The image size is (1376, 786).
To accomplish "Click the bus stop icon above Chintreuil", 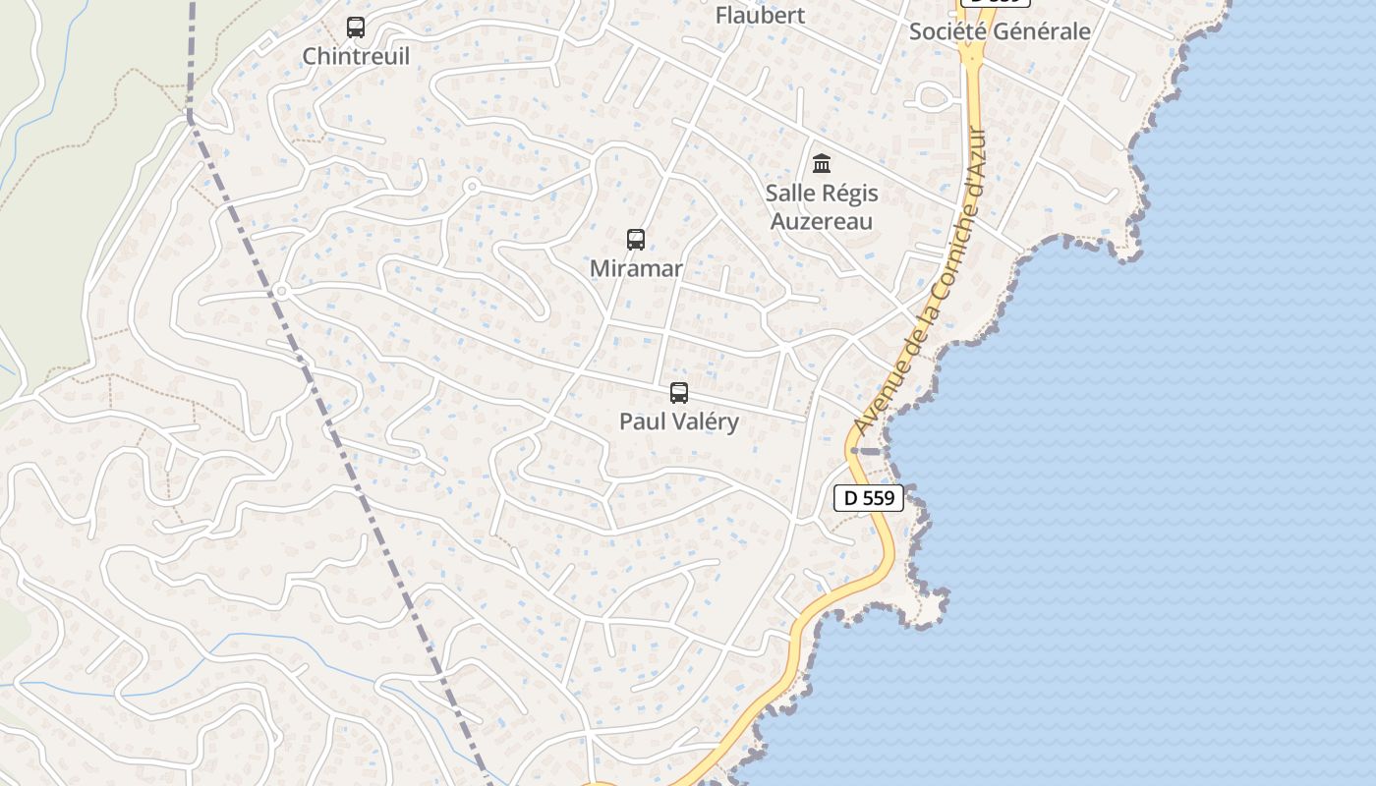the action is tap(356, 28).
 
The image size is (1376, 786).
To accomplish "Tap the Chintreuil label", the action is tap(356, 56).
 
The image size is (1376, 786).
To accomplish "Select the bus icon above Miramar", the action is tap(636, 240).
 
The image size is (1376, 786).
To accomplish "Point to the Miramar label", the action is tap(636, 268).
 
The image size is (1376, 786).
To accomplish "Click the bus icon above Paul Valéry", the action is tap(678, 393).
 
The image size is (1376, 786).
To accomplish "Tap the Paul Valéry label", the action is tap(678, 421).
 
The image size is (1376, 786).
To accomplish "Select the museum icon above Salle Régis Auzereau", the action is tap(822, 163).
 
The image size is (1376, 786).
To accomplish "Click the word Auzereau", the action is tap(822, 221).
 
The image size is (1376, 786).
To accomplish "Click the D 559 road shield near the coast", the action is tap(869, 498).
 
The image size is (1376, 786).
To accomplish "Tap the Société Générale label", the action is tap(1000, 31).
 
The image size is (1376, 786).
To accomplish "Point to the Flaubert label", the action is tap(760, 16).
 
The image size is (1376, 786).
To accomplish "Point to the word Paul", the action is tap(639, 421).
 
